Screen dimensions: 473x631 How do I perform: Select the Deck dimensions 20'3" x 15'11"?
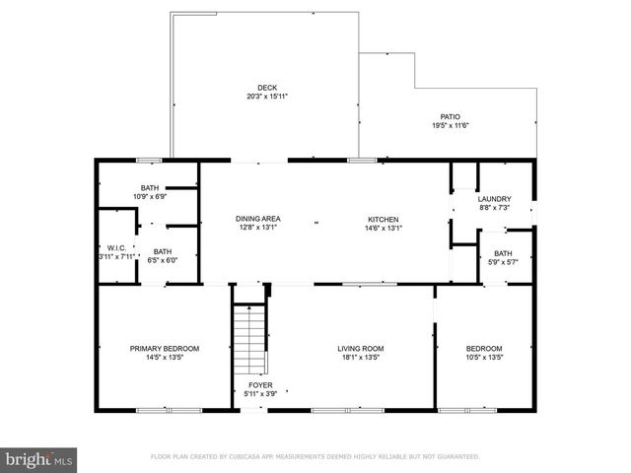tap(266, 97)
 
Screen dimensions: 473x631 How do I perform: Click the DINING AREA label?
tap(257, 219)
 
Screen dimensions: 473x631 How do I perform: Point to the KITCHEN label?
tap(383, 219)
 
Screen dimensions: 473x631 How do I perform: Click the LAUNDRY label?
tap(495, 197)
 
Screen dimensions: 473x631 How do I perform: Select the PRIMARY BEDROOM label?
tap(165, 348)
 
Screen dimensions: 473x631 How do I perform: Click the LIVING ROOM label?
tap(360, 348)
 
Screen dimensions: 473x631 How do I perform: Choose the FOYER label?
tap(260, 385)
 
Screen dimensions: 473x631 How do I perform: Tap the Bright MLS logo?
tap(39, 459)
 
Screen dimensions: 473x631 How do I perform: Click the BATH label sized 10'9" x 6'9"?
tap(150, 187)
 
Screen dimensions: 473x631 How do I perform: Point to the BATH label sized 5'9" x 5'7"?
tap(502, 253)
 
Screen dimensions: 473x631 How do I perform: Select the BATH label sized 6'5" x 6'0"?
tap(162, 251)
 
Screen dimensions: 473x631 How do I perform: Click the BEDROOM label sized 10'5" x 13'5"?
tap(484, 348)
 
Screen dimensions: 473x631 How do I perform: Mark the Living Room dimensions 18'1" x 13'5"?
tap(360, 358)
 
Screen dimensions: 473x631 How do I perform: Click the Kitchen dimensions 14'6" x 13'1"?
tap(383, 229)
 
